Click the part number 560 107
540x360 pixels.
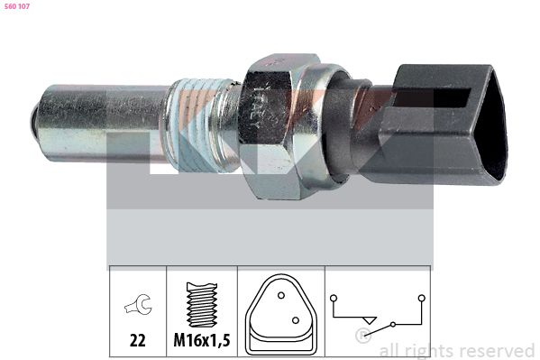pos(17,6)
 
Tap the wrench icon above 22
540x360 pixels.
pos(138,304)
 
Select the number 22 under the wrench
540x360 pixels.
pos(138,340)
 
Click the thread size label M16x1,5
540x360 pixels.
pos(202,340)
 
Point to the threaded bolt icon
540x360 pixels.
pos(202,305)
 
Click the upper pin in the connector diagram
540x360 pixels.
pos(281,296)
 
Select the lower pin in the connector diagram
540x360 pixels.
pos(296,320)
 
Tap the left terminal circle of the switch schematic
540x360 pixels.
pos(333,298)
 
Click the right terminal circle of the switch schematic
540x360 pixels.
pos(422,298)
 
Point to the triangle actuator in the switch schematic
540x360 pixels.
pos(371,320)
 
